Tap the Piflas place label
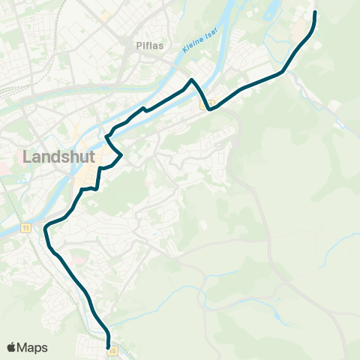(149, 44)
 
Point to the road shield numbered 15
(113, 349)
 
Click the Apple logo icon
(11, 347)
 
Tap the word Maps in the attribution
(33, 347)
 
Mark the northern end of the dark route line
(315, 12)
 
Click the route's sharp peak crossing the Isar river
(193, 79)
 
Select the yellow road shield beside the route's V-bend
(211, 103)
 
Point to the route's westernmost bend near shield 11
(46, 226)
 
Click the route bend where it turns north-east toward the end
(283, 73)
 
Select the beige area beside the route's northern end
(305, 30)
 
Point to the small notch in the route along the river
(144, 110)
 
